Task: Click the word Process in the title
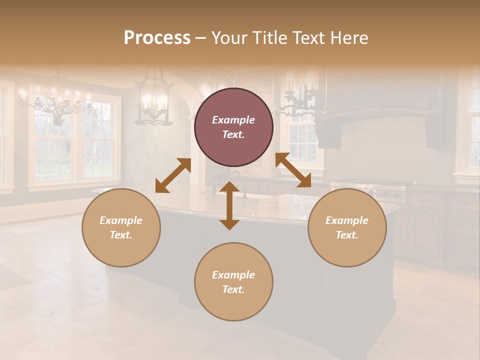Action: point(157,38)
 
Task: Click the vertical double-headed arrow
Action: point(229,205)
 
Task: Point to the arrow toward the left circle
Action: point(173,175)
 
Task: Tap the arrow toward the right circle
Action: point(293,170)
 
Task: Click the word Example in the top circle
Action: point(233,120)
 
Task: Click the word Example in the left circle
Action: point(121,220)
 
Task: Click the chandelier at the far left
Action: point(56,102)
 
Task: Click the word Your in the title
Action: point(228,38)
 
